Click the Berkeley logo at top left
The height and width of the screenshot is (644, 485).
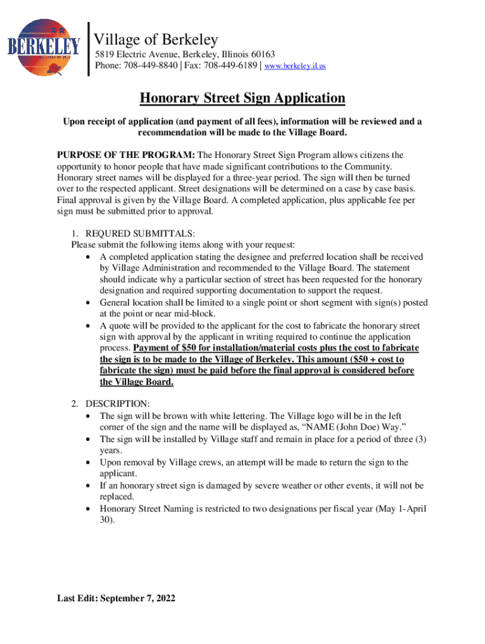click(x=44, y=47)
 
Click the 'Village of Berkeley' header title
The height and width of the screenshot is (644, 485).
click(x=156, y=40)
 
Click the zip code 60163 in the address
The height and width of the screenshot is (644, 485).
click(x=260, y=55)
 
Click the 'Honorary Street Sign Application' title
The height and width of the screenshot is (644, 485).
click(x=242, y=98)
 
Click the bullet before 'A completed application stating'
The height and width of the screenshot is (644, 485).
click(x=88, y=257)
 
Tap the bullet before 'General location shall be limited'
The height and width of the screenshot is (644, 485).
click(x=88, y=303)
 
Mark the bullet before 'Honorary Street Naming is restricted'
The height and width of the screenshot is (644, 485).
click(x=88, y=509)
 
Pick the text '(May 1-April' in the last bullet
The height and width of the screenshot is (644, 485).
click(x=401, y=509)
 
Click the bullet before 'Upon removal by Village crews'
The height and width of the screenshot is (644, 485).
click(x=88, y=463)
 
